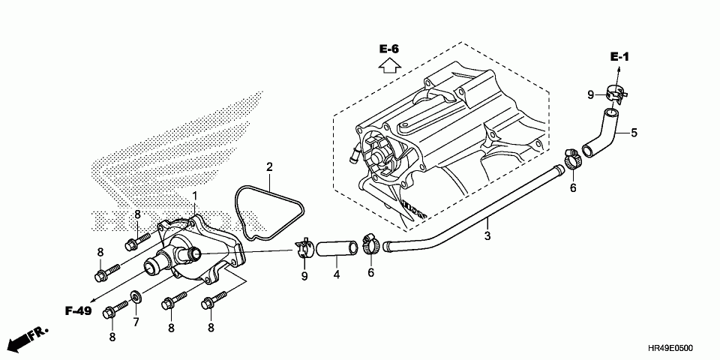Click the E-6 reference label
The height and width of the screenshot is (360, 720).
tap(388, 49)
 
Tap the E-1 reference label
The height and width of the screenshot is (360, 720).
tap(619, 57)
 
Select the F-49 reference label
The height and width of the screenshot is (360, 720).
tap(78, 310)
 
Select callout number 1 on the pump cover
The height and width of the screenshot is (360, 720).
tap(194, 196)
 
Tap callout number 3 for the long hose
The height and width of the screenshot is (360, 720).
tap(487, 235)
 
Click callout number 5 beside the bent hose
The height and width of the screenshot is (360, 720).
tap(634, 133)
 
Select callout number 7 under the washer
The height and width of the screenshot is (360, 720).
tap(136, 322)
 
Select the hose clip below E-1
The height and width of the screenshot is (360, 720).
tap(616, 94)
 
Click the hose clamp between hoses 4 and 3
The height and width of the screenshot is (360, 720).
tap(370, 244)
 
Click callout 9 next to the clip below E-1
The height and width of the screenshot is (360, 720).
tap(589, 94)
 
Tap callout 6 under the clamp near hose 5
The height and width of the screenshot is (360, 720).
tap(572, 187)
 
